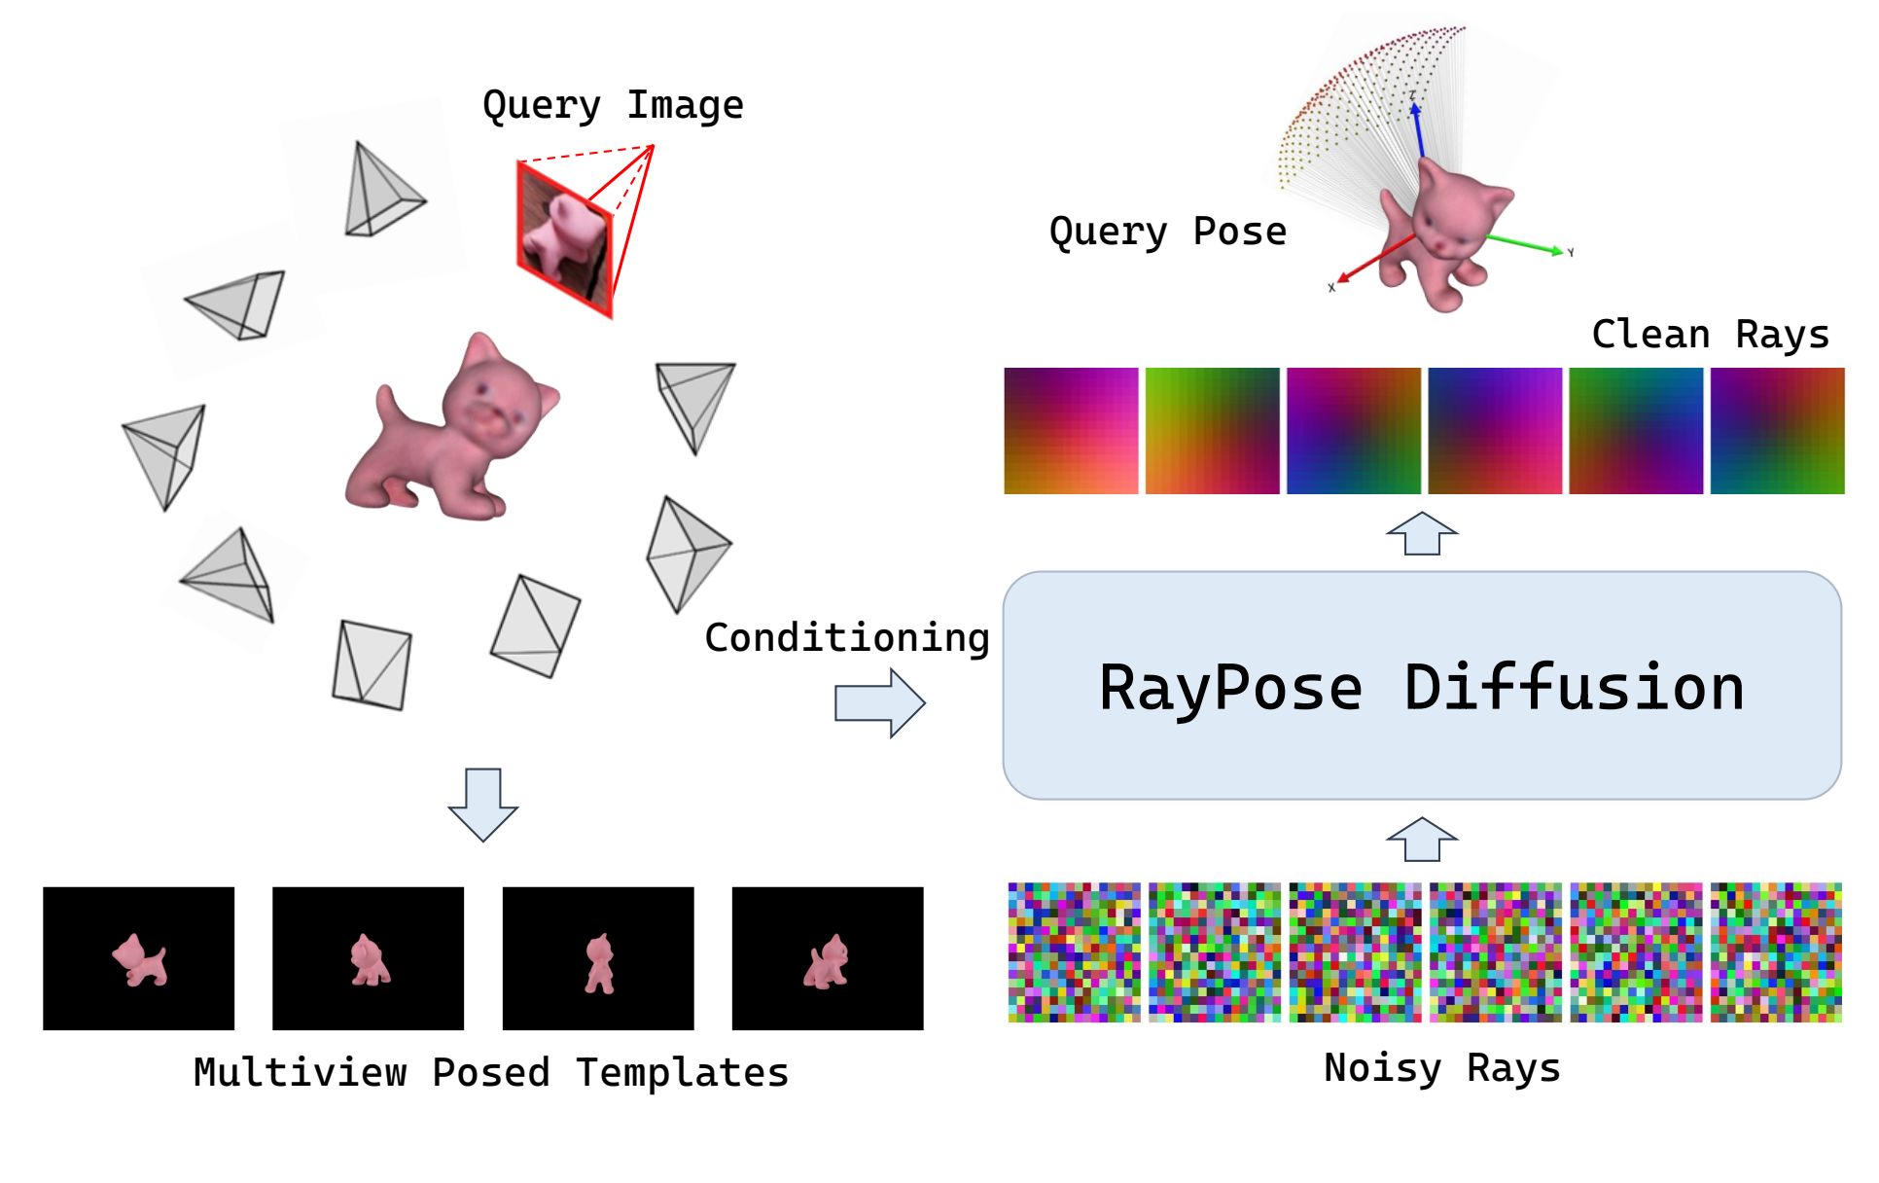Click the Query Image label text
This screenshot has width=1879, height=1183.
(x=613, y=105)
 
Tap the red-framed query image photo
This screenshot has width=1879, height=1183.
(x=564, y=237)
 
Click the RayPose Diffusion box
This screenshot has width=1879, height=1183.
(x=1421, y=686)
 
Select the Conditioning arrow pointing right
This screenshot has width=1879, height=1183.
(x=879, y=702)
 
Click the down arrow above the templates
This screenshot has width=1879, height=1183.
(x=482, y=804)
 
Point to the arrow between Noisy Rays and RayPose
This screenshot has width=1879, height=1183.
(x=1421, y=840)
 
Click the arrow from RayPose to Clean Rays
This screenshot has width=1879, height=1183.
(x=1421, y=534)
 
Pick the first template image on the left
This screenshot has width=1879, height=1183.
(x=139, y=958)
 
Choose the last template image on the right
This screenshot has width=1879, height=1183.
(x=828, y=958)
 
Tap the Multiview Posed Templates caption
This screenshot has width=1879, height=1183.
(x=491, y=1073)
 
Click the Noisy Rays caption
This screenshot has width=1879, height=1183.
(x=1441, y=1068)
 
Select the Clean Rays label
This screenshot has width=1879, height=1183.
(x=1710, y=335)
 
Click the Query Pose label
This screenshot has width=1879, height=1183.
(x=1167, y=232)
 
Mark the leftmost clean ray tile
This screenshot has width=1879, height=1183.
(x=1071, y=431)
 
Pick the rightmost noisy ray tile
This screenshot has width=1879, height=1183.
(x=1776, y=952)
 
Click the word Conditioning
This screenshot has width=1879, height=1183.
(x=847, y=638)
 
